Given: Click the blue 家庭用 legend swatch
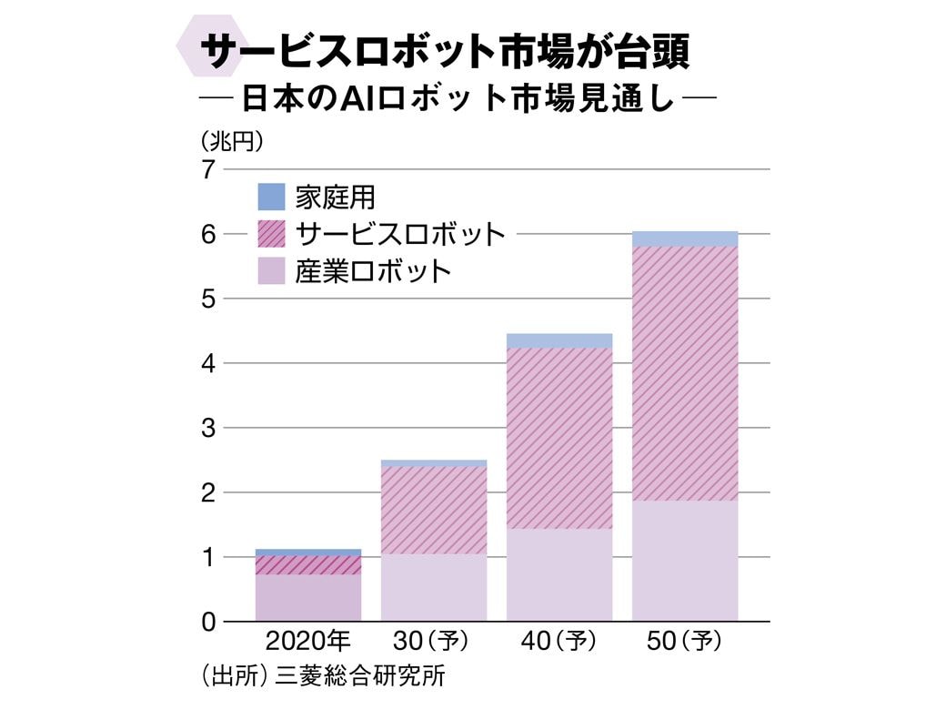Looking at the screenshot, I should click(271, 197).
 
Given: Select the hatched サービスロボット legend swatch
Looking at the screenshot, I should click(271, 234).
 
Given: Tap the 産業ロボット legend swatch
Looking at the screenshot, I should click(271, 271).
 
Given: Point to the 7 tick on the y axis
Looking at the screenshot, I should click(208, 169).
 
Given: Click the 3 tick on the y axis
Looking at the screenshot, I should click(208, 428).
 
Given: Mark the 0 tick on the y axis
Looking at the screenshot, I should click(208, 622).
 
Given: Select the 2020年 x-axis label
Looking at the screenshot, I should click(307, 642).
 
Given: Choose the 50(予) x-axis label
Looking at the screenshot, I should click(685, 642).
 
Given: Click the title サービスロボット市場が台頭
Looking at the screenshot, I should click(446, 53).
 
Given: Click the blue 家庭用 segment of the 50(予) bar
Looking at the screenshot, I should click(685, 238).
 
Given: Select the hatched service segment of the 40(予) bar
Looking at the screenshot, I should click(559, 437).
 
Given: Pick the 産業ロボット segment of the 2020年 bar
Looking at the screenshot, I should click(308, 597).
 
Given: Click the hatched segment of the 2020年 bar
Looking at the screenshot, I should click(308, 564).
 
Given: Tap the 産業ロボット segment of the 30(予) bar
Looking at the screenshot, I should click(434, 587).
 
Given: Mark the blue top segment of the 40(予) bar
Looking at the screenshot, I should click(559, 340).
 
